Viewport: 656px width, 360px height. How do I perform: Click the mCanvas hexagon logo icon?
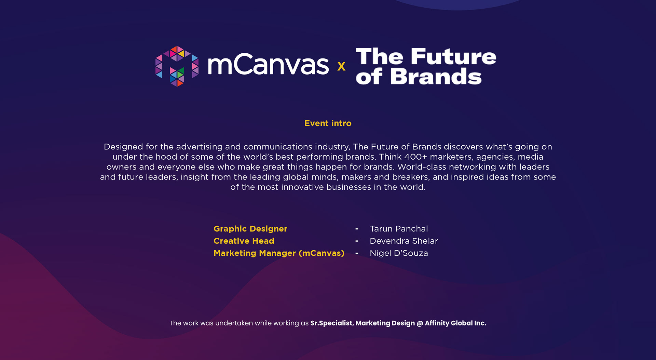(177, 66)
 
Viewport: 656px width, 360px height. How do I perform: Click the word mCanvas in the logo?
(268, 65)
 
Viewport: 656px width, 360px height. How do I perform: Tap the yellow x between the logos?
(341, 66)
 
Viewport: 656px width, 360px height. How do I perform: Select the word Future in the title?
(453, 56)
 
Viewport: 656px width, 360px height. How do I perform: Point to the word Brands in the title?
(436, 76)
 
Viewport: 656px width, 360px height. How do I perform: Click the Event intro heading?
(328, 123)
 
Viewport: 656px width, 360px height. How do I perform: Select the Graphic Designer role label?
(250, 229)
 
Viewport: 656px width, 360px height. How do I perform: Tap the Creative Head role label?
(244, 241)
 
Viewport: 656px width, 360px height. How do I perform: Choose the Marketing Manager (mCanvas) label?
(279, 253)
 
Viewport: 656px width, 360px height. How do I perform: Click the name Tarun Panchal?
(399, 229)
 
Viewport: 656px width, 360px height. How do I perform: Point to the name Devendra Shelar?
(404, 241)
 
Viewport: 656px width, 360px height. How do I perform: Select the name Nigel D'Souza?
(399, 253)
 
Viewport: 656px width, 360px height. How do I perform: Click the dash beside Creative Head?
(357, 241)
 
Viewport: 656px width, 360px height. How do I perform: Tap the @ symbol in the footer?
(420, 323)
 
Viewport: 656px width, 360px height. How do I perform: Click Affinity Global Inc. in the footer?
(455, 323)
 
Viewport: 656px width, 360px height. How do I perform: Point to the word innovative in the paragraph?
(302, 187)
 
